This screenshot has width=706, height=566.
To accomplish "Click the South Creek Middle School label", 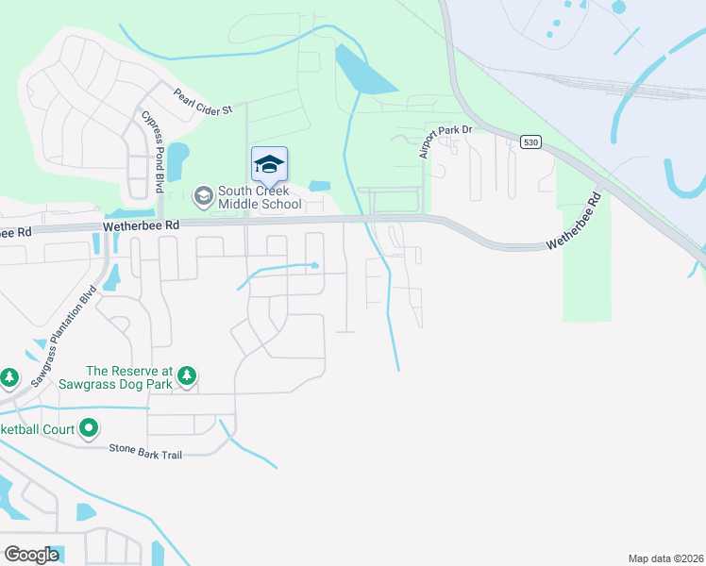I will (260, 197).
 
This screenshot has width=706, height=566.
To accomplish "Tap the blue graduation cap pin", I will (269, 164).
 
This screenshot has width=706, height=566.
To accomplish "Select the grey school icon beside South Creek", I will (202, 196).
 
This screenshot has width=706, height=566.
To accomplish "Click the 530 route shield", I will (530, 141).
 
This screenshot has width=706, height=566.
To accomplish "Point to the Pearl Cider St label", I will (202, 103).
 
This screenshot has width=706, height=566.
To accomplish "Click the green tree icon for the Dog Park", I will (187, 376).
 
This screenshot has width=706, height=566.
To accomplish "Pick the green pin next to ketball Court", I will (89, 429).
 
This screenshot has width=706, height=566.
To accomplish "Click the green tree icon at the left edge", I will (9, 377).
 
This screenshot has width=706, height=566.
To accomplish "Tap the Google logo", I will (31, 554).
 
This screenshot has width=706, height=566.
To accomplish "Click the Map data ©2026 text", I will (665, 558).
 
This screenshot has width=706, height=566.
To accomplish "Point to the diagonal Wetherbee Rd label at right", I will (574, 223).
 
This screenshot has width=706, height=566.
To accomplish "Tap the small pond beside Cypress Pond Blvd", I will (177, 152).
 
